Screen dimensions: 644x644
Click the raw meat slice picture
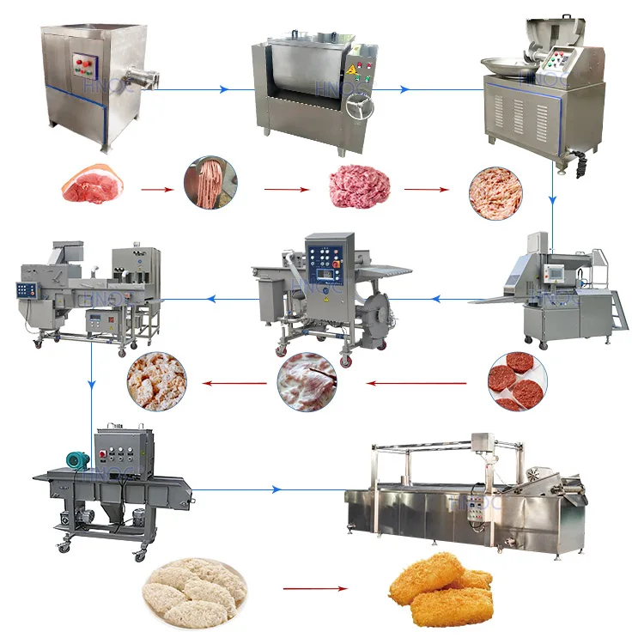88,185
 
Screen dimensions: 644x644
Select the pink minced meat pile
359,187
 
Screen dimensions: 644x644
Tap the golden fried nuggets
440,590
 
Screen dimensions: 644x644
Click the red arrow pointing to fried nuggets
316,589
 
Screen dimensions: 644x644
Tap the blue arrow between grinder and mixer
197,88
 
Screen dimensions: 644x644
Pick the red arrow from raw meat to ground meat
153,188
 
